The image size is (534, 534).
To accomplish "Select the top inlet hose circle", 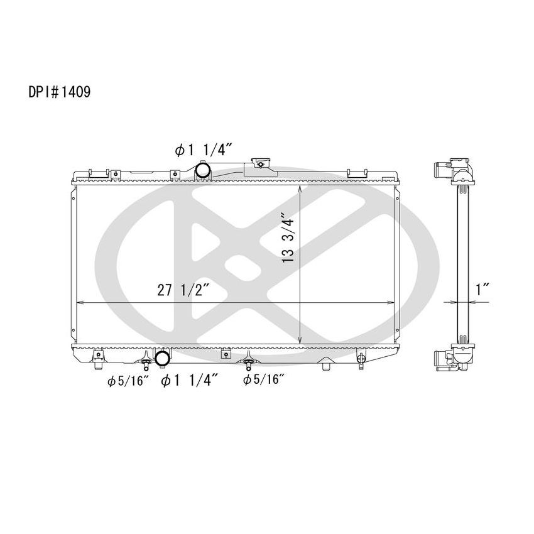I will pyautogui.click(x=202, y=170).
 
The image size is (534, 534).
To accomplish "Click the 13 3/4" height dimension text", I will pyautogui.click(x=290, y=236).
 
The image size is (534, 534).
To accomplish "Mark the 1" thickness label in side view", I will pyautogui.click(x=482, y=290).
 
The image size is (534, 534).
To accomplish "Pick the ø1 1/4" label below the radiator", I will pyautogui.click(x=190, y=380).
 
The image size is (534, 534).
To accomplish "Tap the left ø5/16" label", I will pyautogui.click(x=128, y=380).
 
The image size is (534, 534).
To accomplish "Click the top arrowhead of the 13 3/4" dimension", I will pyautogui.click(x=303, y=189).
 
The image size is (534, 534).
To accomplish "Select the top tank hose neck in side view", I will pyautogui.click(x=440, y=170).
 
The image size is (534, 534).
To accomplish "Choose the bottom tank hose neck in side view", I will pyautogui.click(x=440, y=359).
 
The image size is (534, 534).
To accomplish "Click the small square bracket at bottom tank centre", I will pyautogui.click(x=223, y=354).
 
